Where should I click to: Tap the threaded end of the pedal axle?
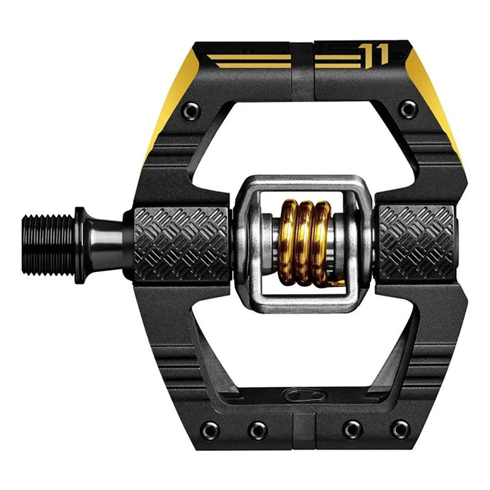[49, 245]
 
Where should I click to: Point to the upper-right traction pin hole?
[408, 109]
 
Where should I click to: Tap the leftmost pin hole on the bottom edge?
[210, 431]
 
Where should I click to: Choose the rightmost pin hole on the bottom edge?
[401, 430]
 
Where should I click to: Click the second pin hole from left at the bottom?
[258, 431]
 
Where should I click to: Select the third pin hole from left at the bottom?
[352, 430]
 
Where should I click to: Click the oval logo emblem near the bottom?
[304, 396]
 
